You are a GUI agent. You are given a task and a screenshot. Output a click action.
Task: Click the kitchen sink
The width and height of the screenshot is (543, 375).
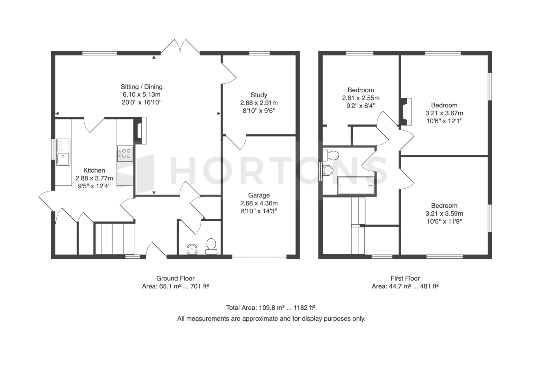tap(63, 152)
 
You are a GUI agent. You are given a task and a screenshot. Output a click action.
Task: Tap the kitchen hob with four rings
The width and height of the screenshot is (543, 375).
tap(125, 154)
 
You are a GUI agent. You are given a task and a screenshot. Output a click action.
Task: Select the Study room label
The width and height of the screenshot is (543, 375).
tap(259, 95)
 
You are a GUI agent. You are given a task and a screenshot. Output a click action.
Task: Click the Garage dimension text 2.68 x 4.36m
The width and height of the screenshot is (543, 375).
tap(259, 203)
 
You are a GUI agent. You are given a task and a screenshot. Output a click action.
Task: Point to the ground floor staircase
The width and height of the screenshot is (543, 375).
tap(115, 239)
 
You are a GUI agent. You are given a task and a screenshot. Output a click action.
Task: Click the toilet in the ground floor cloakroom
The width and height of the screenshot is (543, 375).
tap(211, 246)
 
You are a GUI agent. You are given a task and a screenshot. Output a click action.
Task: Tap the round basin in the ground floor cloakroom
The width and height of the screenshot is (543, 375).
tap(193, 249)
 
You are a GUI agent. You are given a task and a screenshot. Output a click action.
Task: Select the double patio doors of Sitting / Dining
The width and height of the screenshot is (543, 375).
tap(180, 46)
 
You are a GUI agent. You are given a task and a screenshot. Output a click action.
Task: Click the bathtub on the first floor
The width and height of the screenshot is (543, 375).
tap(356, 186)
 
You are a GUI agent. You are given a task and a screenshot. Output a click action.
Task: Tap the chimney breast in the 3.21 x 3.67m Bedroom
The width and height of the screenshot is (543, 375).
tap(405, 112)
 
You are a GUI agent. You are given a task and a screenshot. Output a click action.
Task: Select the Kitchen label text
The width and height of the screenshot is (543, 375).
tap(94, 170)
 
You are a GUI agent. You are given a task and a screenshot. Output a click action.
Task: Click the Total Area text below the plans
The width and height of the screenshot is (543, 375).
tap(271, 308)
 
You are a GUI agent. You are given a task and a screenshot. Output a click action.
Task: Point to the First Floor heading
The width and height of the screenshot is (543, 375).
tap(405, 278)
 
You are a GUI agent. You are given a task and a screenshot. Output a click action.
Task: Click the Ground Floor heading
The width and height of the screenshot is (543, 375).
tap(175, 278)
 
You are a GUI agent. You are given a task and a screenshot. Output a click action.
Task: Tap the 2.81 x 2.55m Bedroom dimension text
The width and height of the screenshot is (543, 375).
tap(361, 98)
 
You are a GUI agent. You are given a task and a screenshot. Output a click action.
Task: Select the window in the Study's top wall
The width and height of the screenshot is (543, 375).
tap(259, 53)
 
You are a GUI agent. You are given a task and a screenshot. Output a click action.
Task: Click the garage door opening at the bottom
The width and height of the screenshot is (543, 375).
tap(259, 257)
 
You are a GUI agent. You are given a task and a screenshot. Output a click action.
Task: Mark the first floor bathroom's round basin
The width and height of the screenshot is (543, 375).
tap(328, 171)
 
